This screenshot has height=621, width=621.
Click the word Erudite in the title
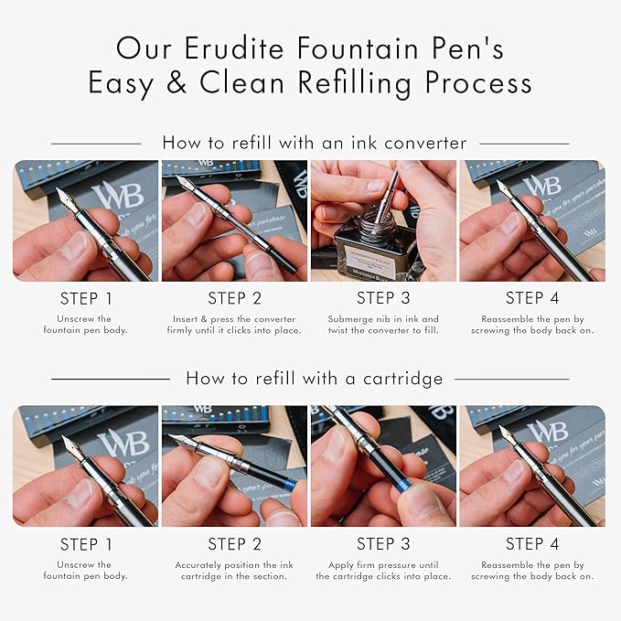pyautogui.click(x=234, y=48)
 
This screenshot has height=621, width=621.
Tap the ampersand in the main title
pyautogui.click(x=177, y=82)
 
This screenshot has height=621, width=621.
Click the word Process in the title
pyautogui.click(x=478, y=82)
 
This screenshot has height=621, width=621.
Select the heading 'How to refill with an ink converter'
pyautogui.click(x=315, y=143)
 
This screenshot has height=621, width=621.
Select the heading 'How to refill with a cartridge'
pyautogui.click(x=315, y=379)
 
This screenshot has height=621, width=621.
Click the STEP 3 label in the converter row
pyautogui.click(x=383, y=298)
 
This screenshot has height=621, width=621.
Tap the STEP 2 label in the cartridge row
pyautogui.click(x=234, y=544)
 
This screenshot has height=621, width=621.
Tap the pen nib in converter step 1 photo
pyautogui.click(x=66, y=201)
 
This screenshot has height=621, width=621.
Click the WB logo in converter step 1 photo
pyautogui.click(x=118, y=195)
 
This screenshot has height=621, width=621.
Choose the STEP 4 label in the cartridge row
pyautogui.click(x=532, y=544)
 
